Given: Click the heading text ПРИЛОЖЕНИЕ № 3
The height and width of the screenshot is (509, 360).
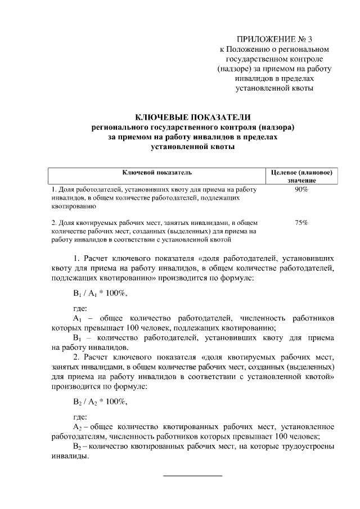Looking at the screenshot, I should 274,39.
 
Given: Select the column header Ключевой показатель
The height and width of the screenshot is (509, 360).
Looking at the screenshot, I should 157,172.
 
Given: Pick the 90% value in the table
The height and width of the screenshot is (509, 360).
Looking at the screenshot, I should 301,190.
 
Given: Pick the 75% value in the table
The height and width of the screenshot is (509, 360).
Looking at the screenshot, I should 301,223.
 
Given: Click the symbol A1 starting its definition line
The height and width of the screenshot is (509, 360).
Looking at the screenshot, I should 78,318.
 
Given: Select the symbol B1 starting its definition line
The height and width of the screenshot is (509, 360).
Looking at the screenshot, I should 78,338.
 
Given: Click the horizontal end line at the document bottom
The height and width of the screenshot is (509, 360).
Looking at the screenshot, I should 192,476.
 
